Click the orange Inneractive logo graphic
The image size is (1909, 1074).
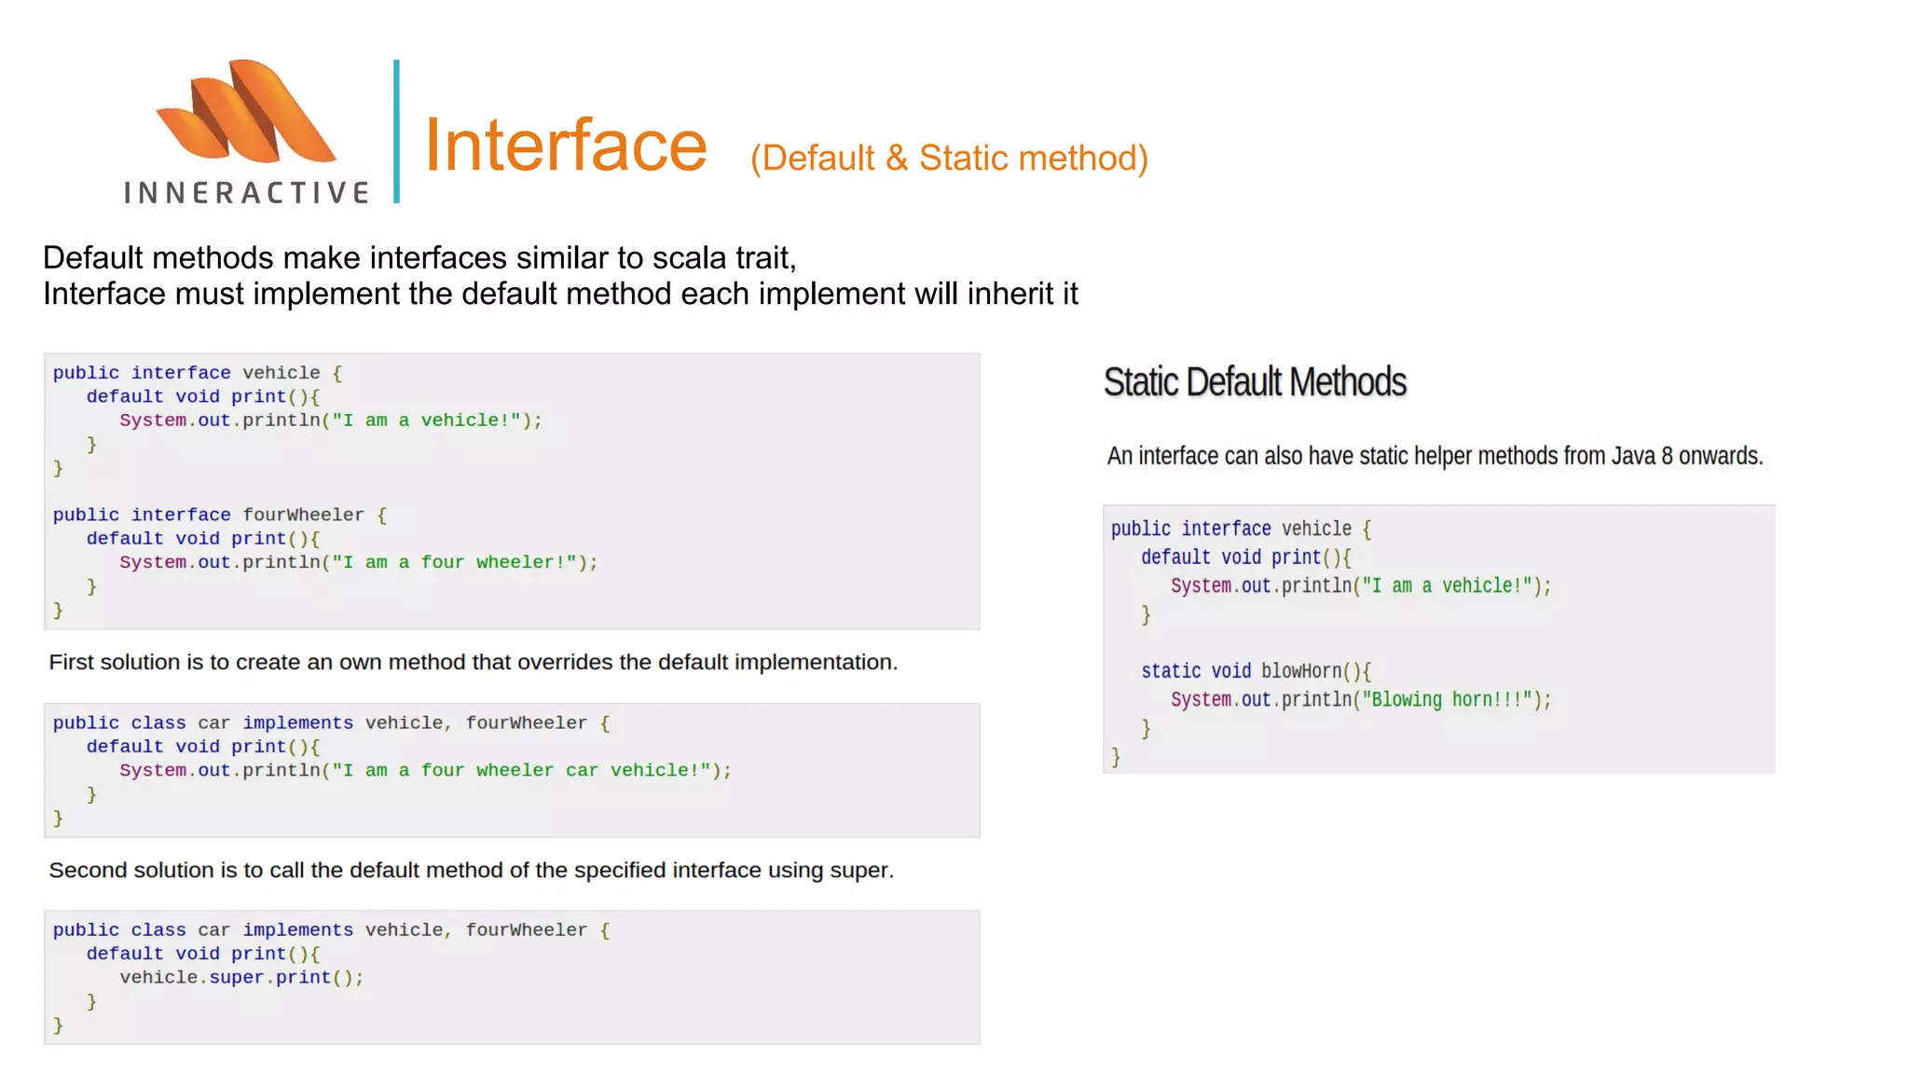[x=246, y=112]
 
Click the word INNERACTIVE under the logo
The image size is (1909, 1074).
[x=247, y=193]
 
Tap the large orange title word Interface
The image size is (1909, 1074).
[x=566, y=146]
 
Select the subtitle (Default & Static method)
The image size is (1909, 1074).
[x=949, y=158]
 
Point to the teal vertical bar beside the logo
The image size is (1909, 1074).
[x=397, y=131]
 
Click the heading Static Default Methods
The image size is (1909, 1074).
[x=1255, y=382]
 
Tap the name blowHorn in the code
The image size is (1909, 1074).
[x=1301, y=671]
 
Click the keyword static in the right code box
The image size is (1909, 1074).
[x=1171, y=671]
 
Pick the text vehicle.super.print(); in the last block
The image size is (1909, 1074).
[x=241, y=977]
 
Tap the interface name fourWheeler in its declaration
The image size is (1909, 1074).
[x=304, y=515]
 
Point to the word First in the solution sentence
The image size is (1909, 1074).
[x=71, y=662]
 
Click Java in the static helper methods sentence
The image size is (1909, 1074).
[x=1633, y=456]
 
